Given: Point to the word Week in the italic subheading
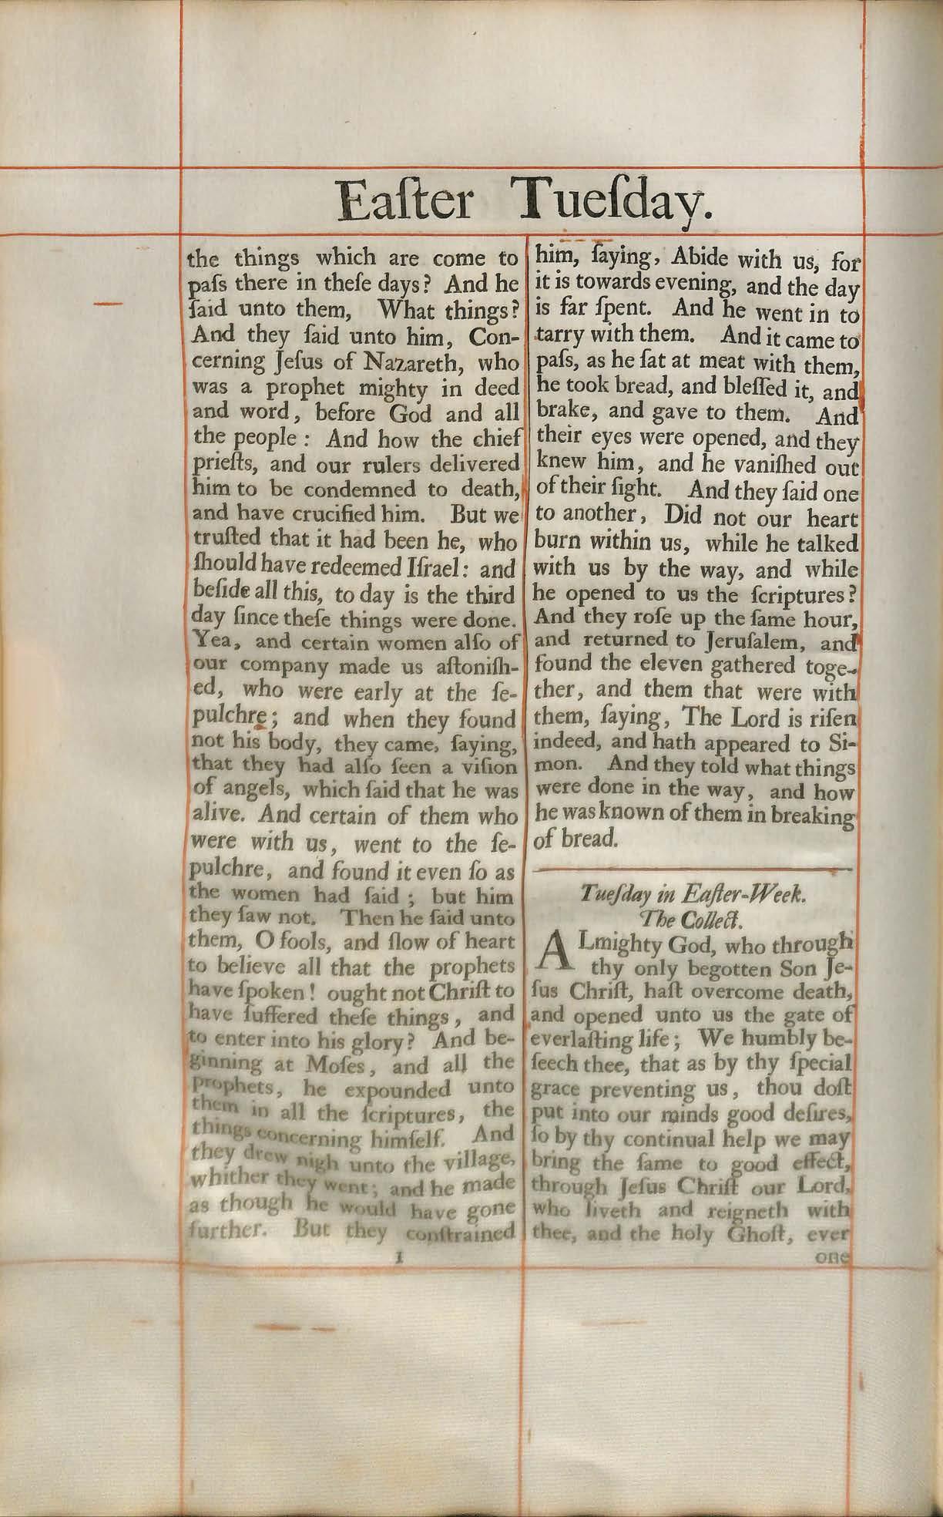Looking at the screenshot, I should tap(773, 895).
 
